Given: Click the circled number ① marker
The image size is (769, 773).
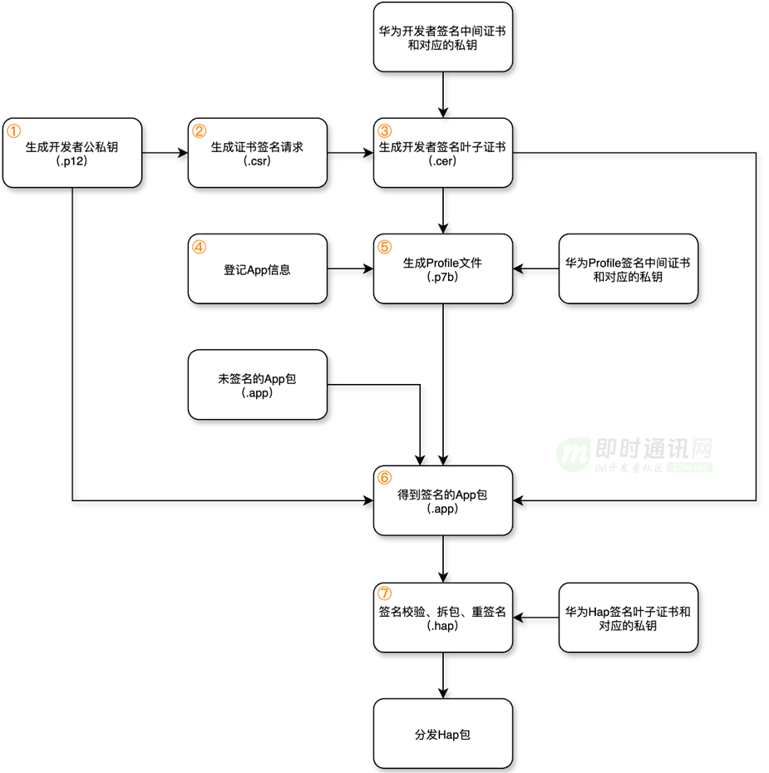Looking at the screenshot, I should pos(14,130).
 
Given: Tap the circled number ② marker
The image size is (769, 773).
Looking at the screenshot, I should pos(199,130).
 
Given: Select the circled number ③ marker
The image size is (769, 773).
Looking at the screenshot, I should pos(384,130).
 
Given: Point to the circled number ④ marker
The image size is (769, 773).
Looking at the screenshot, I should pos(199,247).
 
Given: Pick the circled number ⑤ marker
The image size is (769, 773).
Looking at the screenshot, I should pos(384,247).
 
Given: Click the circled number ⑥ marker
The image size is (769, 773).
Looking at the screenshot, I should pos(384,478).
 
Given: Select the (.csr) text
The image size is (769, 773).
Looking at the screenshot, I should pos(257,161).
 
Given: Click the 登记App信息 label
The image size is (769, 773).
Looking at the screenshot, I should pos(257,269).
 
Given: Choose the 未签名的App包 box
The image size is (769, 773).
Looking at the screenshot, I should pos(257,385).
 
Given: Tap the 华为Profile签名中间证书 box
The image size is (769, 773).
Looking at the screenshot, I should pos(628,268).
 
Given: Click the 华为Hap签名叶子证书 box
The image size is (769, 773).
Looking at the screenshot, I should pos(628,618).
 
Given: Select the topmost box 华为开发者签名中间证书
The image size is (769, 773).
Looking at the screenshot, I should pos(442,37).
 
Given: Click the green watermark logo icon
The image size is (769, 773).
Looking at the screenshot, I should pos(573,454).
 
